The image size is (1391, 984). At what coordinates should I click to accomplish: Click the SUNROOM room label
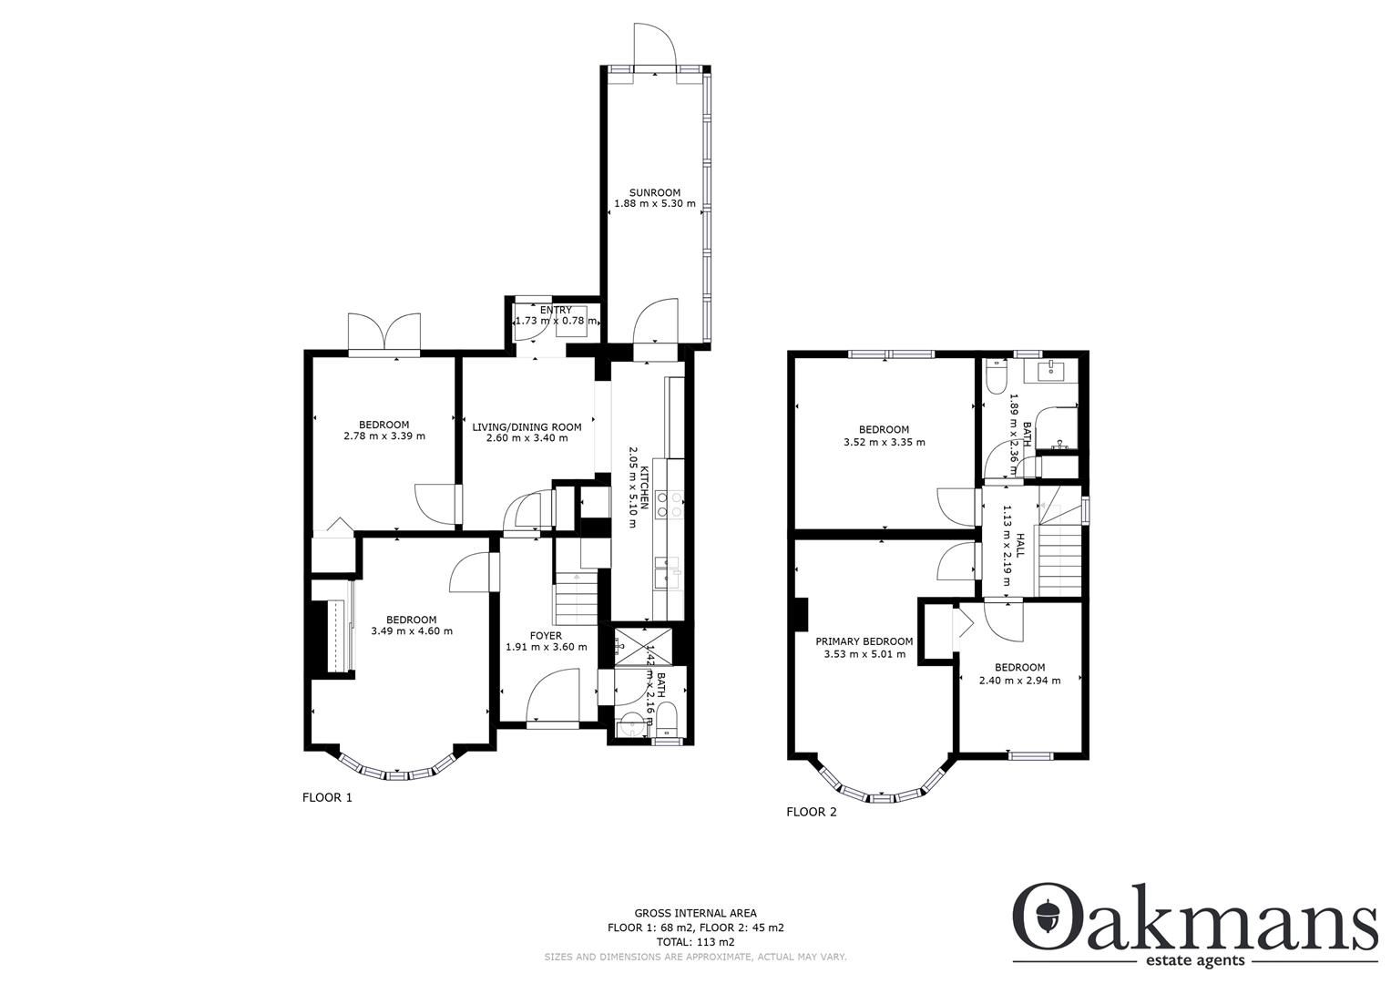click(x=654, y=192)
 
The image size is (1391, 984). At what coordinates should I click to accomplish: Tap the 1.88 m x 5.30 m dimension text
click(x=654, y=205)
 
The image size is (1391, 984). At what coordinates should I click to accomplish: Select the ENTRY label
click(x=556, y=311)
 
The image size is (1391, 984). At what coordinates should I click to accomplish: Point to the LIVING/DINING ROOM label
click(x=527, y=426)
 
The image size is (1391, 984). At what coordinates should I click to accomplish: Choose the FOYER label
click(x=546, y=635)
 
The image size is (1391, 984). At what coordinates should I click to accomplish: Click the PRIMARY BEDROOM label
click(x=864, y=641)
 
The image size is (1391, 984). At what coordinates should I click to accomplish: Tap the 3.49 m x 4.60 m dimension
click(x=411, y=630)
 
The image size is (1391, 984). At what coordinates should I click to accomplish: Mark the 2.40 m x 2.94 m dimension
click(x=1018, y=680)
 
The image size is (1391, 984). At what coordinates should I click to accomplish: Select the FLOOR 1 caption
click(x=327, y=797)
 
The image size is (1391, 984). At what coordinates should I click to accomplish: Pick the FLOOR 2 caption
click(x=811, y=812)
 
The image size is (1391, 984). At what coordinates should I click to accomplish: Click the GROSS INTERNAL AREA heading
click(x=695, y=913)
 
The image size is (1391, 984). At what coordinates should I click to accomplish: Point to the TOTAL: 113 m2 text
click(x=695, y=942)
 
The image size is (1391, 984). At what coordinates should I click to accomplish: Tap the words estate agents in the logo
click(x=1195, y=961)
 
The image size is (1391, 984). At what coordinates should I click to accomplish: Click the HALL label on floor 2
click(x=1020, y=546)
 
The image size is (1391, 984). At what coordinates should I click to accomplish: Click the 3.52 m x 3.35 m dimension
click(x=884, y=442)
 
